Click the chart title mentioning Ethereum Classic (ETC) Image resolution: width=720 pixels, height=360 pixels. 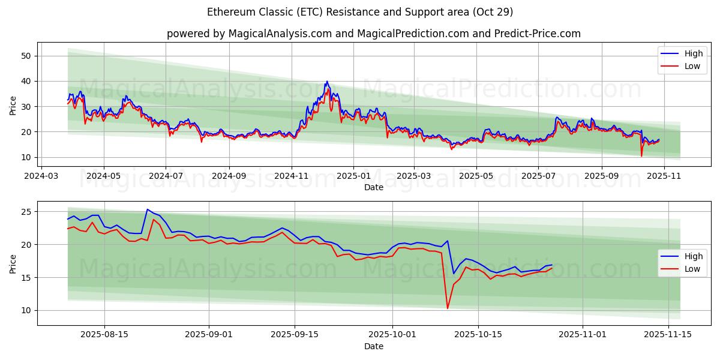(360, 12)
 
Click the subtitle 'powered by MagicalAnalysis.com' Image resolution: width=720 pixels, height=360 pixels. (249, 34)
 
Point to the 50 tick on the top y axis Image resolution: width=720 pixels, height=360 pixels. (25, 56)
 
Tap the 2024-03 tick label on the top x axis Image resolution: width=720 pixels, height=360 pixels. (41, 177)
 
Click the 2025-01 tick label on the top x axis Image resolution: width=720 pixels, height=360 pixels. (353, 177)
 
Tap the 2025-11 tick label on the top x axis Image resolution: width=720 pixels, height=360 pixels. (664, 177)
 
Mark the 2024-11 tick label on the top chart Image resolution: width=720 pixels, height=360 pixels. (292, 177)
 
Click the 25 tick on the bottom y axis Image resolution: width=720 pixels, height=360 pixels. (25, 212)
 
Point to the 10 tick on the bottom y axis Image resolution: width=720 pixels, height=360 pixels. (25, 310)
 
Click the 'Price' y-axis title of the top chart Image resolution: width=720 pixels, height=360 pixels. (13, 106)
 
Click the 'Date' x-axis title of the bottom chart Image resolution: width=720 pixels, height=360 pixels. (374, 347)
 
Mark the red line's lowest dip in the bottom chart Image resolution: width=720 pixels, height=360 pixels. (448, 308)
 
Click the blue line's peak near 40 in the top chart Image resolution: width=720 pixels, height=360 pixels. (327, 82)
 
